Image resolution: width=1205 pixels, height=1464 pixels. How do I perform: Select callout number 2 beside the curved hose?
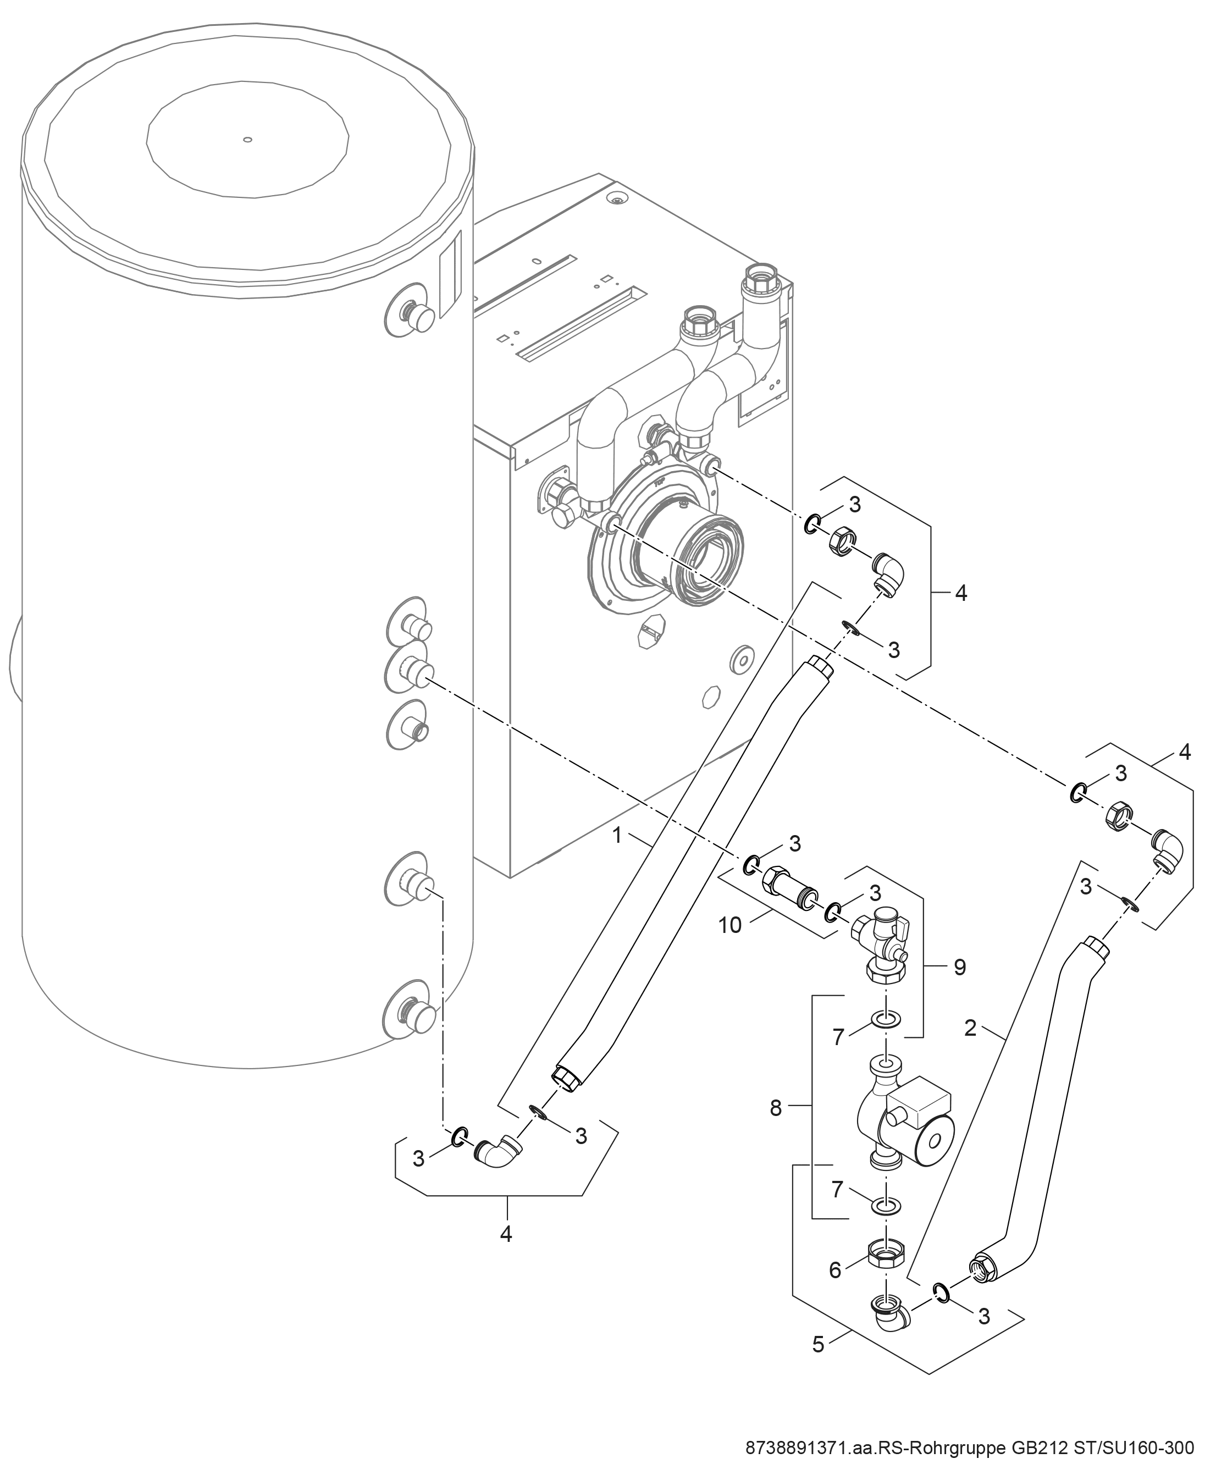coord(970,1027)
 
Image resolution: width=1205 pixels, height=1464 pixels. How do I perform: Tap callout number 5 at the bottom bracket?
coord(819,1344)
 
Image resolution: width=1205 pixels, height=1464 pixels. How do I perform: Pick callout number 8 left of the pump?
coord(776,1109)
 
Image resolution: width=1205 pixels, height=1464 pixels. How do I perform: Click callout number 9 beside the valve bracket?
coord(960,967)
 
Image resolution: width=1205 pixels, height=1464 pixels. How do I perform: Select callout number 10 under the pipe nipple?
coord(730,925)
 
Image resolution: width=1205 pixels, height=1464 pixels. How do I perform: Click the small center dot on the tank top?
coord(247,140)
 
